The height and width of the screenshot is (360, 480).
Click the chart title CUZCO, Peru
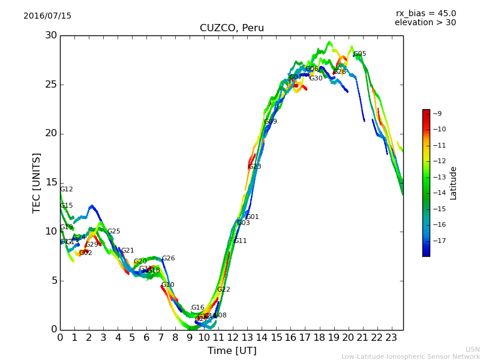tap(232, 28)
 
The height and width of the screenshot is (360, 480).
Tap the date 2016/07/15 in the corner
tap(47, 16)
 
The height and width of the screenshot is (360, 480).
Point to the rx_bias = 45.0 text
tap(425, 14)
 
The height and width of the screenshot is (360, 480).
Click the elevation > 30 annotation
tap(425, 23)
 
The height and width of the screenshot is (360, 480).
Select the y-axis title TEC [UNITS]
tap(37, 182)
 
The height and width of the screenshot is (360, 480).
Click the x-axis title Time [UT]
tap(232, 351)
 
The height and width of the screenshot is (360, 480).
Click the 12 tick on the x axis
tap(233, 337)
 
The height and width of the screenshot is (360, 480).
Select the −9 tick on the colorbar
tap(437, 113)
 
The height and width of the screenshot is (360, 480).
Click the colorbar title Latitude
tap(454, 182)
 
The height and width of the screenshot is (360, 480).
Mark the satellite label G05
tap(360, 54)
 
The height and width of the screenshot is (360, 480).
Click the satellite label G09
tap(271, 122)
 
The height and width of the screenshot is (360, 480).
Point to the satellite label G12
tap(67, 190)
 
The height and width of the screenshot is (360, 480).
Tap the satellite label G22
tap(224, 290)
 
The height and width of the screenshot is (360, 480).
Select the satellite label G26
tap(169, 259)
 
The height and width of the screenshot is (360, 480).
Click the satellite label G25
tap(114, 232)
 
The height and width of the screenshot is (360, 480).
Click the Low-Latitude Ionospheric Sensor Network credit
tap(410, 357)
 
